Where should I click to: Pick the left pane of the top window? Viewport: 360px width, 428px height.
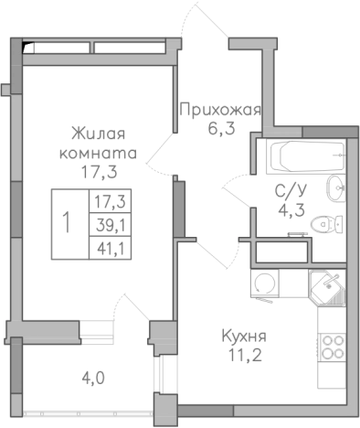(x=57, y=46)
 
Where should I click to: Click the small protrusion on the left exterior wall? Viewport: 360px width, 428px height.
(x=5, y=89)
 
